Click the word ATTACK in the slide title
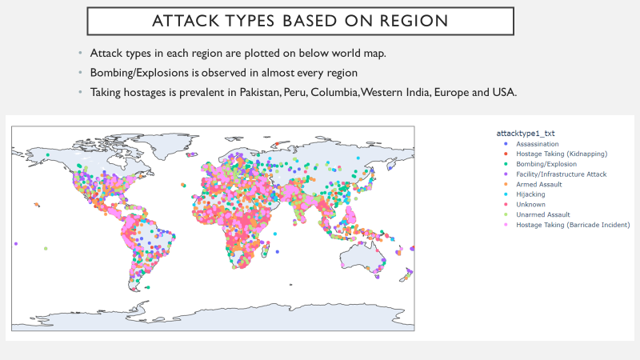pyautogui.click(x=186, y=20)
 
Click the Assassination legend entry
pyautogui.click(x=538, y=143)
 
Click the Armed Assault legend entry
pyautogui.click(x=538, y=184)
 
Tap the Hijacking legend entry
pyautogui.click(x=530, y=194)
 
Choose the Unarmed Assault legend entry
pyautogui.click(x=542, y=214)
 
